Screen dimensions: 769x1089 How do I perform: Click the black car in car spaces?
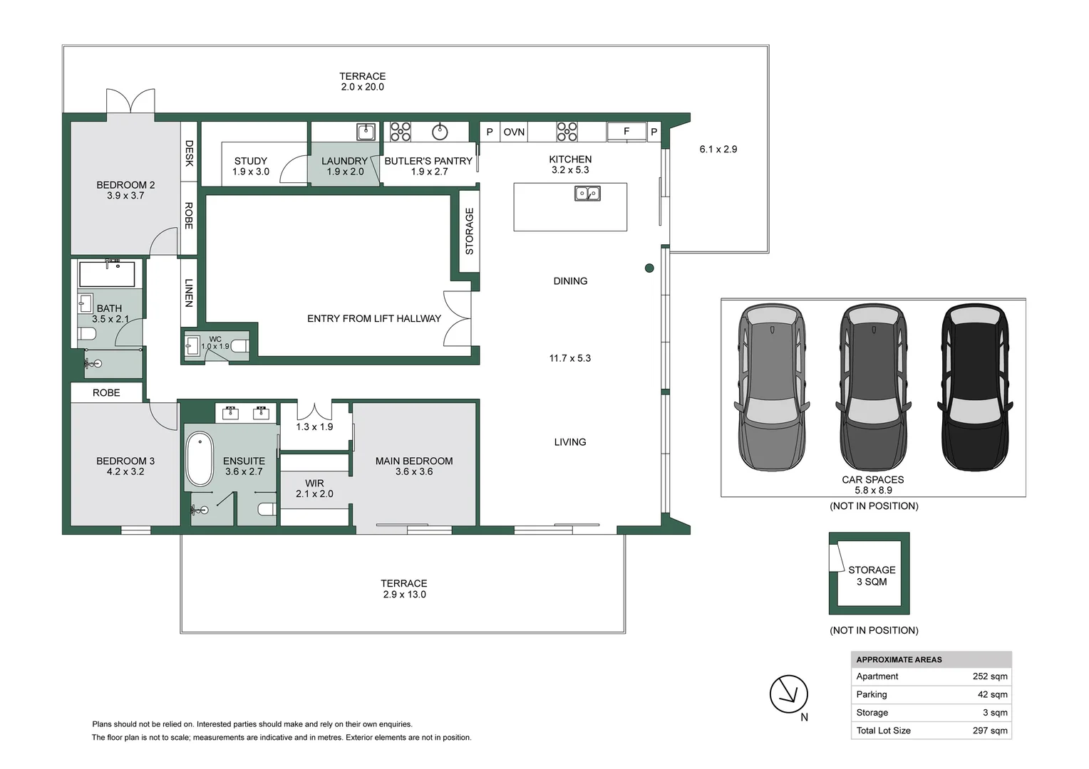(974, 388)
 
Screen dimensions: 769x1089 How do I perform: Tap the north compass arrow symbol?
(789, 694)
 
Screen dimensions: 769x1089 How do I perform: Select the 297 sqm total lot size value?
(989, 731)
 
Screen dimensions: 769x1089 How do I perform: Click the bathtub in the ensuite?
(199, 460)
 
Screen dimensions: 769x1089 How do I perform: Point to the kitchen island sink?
(587, 193)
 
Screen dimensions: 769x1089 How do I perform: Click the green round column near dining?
(649, 268)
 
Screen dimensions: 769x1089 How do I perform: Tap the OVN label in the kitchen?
(514, 132)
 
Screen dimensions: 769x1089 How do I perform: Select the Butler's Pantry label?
(428, 161)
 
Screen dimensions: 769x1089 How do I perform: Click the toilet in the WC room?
(240, 347)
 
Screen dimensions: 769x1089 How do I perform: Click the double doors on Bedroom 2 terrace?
(130, 101)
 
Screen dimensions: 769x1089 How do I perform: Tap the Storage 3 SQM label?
(872, 575)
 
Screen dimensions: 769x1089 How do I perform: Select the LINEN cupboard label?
(189, 293)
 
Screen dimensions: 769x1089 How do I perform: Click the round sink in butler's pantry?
(440, 131)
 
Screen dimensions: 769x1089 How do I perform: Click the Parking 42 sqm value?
(992, 694)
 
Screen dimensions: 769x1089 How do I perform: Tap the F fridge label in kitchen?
(626, 131)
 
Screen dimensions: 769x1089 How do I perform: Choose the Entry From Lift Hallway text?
(373, 318)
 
